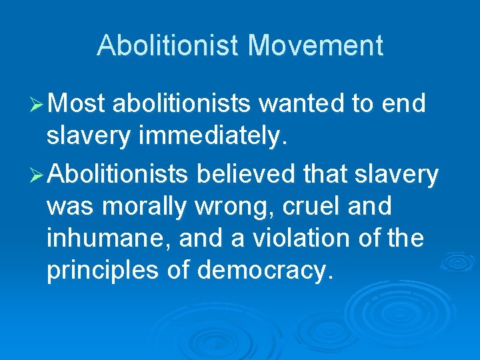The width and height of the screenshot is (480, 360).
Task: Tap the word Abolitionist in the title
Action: pyautogui.click(x=167, y=46)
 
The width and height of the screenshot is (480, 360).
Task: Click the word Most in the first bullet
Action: pyautogui.click(x=77, y=104)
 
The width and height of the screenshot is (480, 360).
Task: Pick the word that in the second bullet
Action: pyautogui.click(x=325, y=174)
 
